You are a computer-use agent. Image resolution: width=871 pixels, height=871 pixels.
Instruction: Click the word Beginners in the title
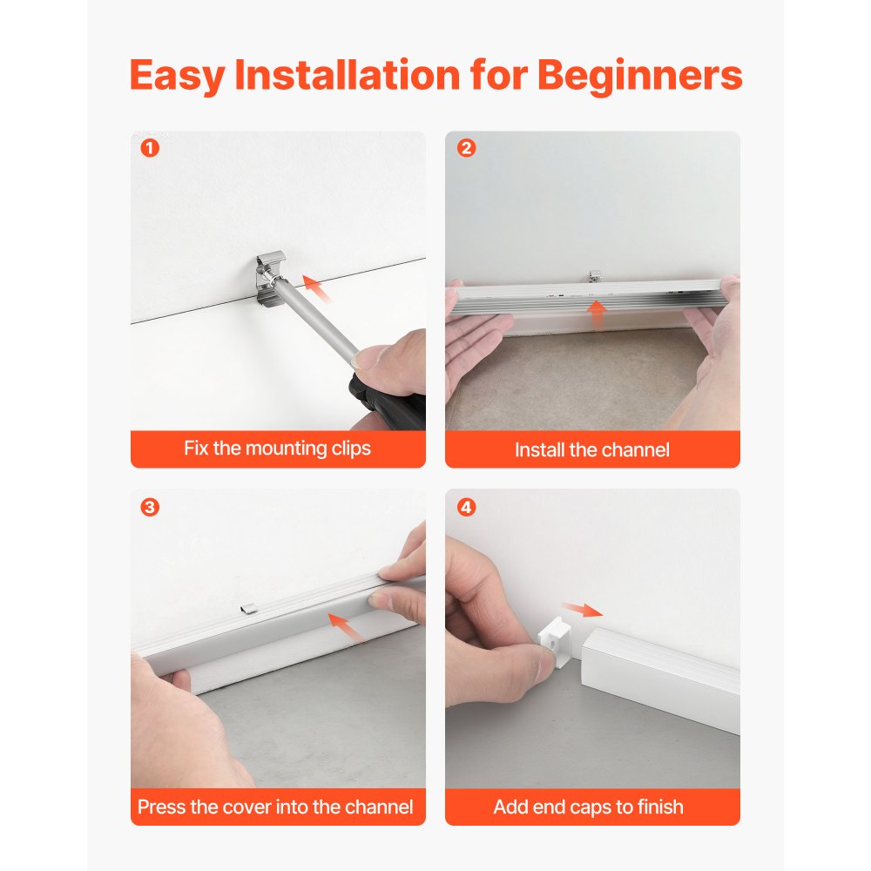(640, 76)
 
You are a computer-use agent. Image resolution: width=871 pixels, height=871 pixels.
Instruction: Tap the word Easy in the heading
(177, 76)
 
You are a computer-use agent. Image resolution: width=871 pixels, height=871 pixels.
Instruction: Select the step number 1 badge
(150, 148)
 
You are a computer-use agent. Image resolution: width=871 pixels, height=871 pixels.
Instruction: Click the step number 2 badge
(466, 148)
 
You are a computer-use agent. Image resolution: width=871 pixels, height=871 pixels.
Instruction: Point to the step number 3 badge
(150, 507)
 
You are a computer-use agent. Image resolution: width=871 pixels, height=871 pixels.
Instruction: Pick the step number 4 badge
(466, 507)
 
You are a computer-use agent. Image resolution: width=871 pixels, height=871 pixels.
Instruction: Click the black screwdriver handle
(388, 397)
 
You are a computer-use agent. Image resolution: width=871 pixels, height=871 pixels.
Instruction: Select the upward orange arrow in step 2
(598, 314)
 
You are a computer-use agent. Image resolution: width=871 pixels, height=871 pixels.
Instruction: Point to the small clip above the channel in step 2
(595, 276)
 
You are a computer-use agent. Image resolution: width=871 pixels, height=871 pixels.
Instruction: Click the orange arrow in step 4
(582, 610)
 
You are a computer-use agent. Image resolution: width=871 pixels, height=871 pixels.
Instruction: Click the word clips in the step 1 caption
(351, 449)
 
